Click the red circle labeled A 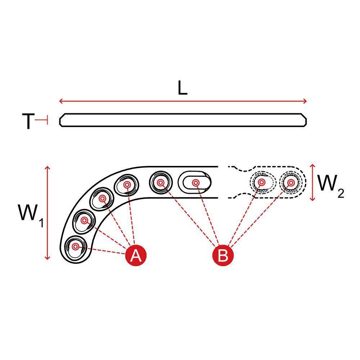tap(136, 255)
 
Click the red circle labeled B tap(223, 255)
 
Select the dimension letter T tap(28, 121)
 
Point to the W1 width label tap(31, 215)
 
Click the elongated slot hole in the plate tap(195, 183)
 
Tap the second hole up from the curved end tap(84, 221)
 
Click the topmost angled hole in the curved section tap(126, 185)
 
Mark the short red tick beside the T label tap(41, 120)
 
